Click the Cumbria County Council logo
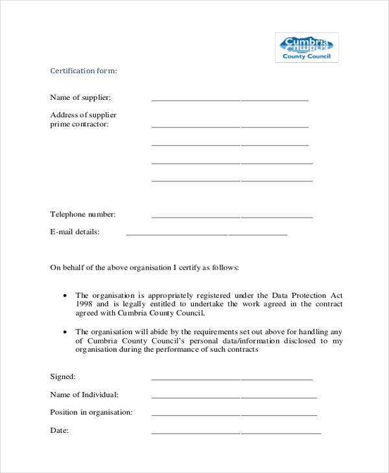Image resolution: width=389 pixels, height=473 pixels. [307, 47]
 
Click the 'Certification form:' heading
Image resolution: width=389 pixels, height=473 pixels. [84, 71]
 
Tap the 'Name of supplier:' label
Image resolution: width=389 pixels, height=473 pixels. [80, 97]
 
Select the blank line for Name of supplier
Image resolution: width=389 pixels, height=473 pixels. [230, 100]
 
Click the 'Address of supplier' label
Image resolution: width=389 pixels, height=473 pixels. [83, 115]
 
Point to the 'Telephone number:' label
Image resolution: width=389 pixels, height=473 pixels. [83, 214]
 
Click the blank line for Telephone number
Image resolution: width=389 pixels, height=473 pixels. [231, 216]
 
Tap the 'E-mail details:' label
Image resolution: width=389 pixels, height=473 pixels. [75, 231]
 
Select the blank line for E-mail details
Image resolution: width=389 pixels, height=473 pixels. [206, 234]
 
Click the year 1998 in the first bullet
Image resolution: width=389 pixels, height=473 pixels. [84, 303]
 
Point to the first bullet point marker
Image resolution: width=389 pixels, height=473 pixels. [65, 295]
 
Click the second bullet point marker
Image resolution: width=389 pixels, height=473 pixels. [65, 331]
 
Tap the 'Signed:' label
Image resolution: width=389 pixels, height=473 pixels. [63, 376]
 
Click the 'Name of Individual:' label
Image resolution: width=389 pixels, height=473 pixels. [84, 394]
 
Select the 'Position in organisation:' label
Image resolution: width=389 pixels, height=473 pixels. [91, 412]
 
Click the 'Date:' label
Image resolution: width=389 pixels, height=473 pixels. [59, 430]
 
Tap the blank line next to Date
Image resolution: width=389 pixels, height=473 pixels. [236, 432]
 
